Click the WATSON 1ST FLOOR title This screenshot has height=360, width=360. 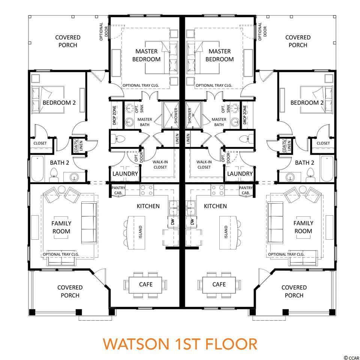[x=180, y=344]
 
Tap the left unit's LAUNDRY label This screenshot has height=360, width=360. [x=125, y=174]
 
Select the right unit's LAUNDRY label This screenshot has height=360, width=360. [x=240, y=174]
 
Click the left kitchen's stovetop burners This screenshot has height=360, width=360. [x=147, y=190]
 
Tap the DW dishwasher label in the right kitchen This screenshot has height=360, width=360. [x=192, y=222]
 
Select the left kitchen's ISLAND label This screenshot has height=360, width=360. [x=141, y=232]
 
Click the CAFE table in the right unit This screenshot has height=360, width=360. [x=219, y=285]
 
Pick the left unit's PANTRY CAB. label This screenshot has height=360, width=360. [x=118, y=190]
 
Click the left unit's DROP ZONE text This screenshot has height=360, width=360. [x=114, y=115]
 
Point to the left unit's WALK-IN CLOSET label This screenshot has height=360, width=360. [x=160, y=165]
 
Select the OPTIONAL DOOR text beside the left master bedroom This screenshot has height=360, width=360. [x=103, y=31]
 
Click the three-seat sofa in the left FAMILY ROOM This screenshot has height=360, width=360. [x=89, y=223]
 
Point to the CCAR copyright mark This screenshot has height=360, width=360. [x=351, y=357]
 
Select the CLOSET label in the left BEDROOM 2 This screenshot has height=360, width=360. [x=40, y=143]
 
